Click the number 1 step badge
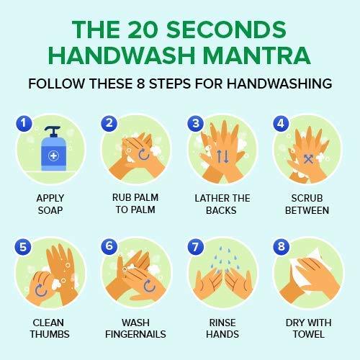24,123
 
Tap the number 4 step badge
281,124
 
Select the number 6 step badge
109,246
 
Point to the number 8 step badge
282,246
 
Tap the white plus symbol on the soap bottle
53,156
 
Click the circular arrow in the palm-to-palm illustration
144,154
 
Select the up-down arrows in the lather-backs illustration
222,156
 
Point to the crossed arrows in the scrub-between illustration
308,159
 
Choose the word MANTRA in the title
257,55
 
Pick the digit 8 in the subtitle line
140,84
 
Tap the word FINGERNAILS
135,334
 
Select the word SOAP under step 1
50,210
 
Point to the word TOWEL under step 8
309,334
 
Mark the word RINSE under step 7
222,323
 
